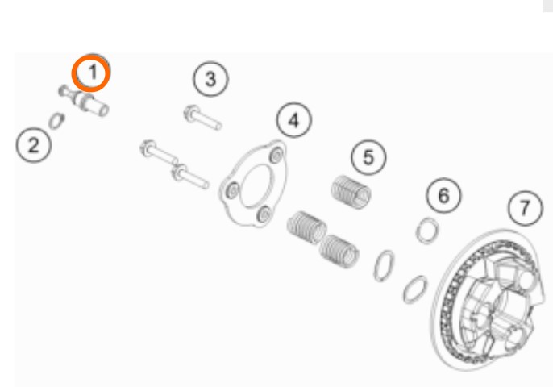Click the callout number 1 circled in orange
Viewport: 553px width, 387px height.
point(91,73)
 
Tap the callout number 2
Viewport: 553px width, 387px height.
point(34,145)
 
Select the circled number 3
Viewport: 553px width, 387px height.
point(210,79)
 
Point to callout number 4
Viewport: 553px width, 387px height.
point(293,120)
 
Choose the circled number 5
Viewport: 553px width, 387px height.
point(368,157)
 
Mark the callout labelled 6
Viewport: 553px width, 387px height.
point(443,195)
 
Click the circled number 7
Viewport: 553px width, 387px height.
point(526,208)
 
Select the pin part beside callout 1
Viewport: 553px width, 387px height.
point(84,100)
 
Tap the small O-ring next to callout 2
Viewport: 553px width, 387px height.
point(56,121)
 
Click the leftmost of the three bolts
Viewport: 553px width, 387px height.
point(159,152)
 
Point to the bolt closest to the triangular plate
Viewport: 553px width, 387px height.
point(190,177)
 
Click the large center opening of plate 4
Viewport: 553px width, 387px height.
point(256,185)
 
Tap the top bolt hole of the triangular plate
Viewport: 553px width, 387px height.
point(276,156)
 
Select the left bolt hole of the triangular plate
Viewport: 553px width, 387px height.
point(233,190)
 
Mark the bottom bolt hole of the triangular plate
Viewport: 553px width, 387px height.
point(264,214)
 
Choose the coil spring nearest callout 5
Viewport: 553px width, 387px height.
point(351,192)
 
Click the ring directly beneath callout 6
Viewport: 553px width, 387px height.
point(427,231)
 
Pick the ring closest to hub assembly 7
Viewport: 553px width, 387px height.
point(415,289)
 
